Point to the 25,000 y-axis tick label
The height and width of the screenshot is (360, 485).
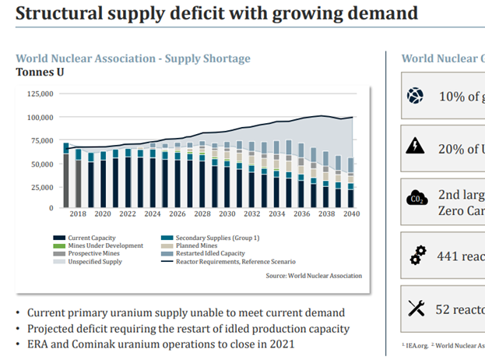pos(40,188)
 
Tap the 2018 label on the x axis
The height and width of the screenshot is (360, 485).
pos(79,214)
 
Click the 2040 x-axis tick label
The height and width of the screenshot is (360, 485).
pos(350,214)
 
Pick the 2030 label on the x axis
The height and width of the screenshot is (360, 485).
pos(227,214)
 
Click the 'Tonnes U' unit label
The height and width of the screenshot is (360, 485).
pos(40,72)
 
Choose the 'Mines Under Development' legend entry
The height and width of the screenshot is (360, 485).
pos(105,245)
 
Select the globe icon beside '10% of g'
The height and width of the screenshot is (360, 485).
pos(415,96)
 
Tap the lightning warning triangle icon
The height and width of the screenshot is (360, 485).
pos(415,146)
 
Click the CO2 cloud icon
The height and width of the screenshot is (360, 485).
pos(415,199)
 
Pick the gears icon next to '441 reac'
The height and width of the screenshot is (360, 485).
pos(415,254)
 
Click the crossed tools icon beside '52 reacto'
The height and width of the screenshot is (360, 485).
pos(415,309)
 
